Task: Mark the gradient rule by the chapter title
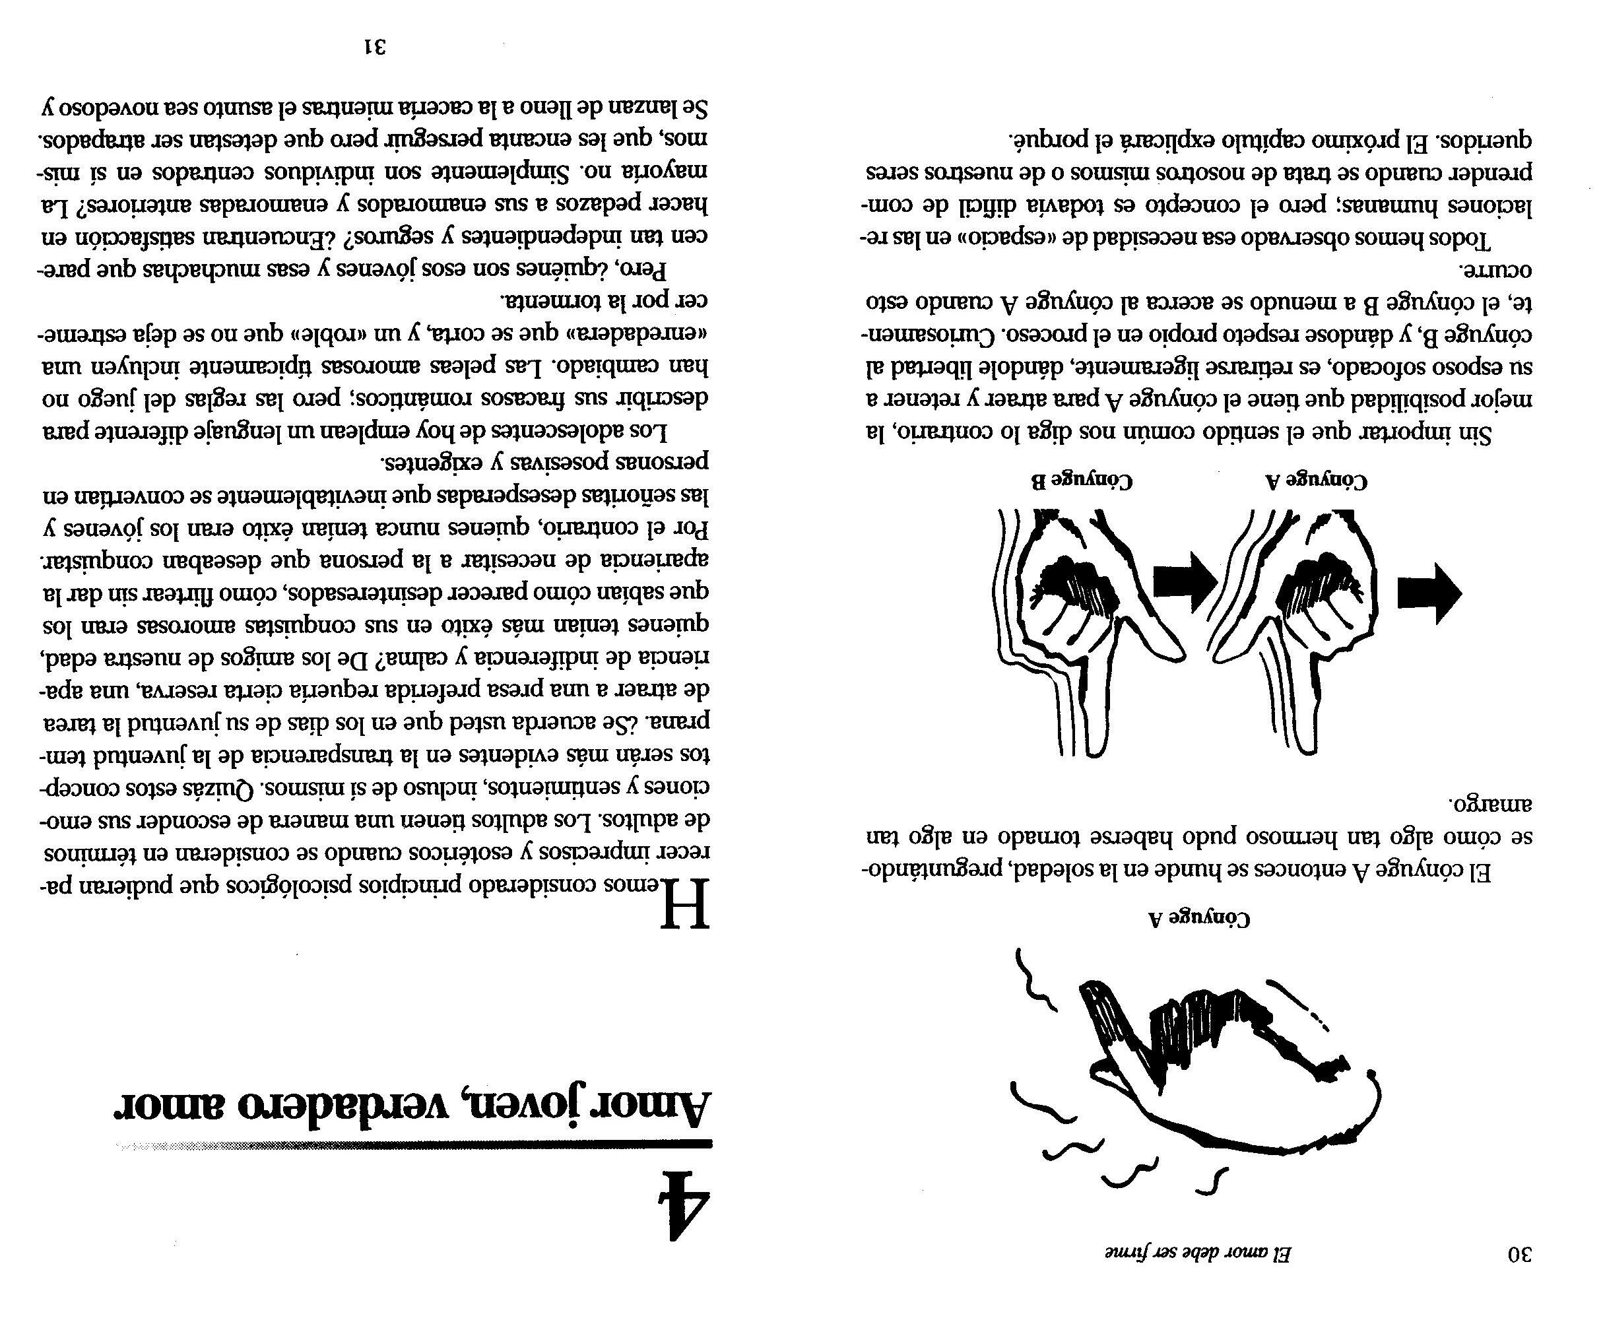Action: coord(412,1145)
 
